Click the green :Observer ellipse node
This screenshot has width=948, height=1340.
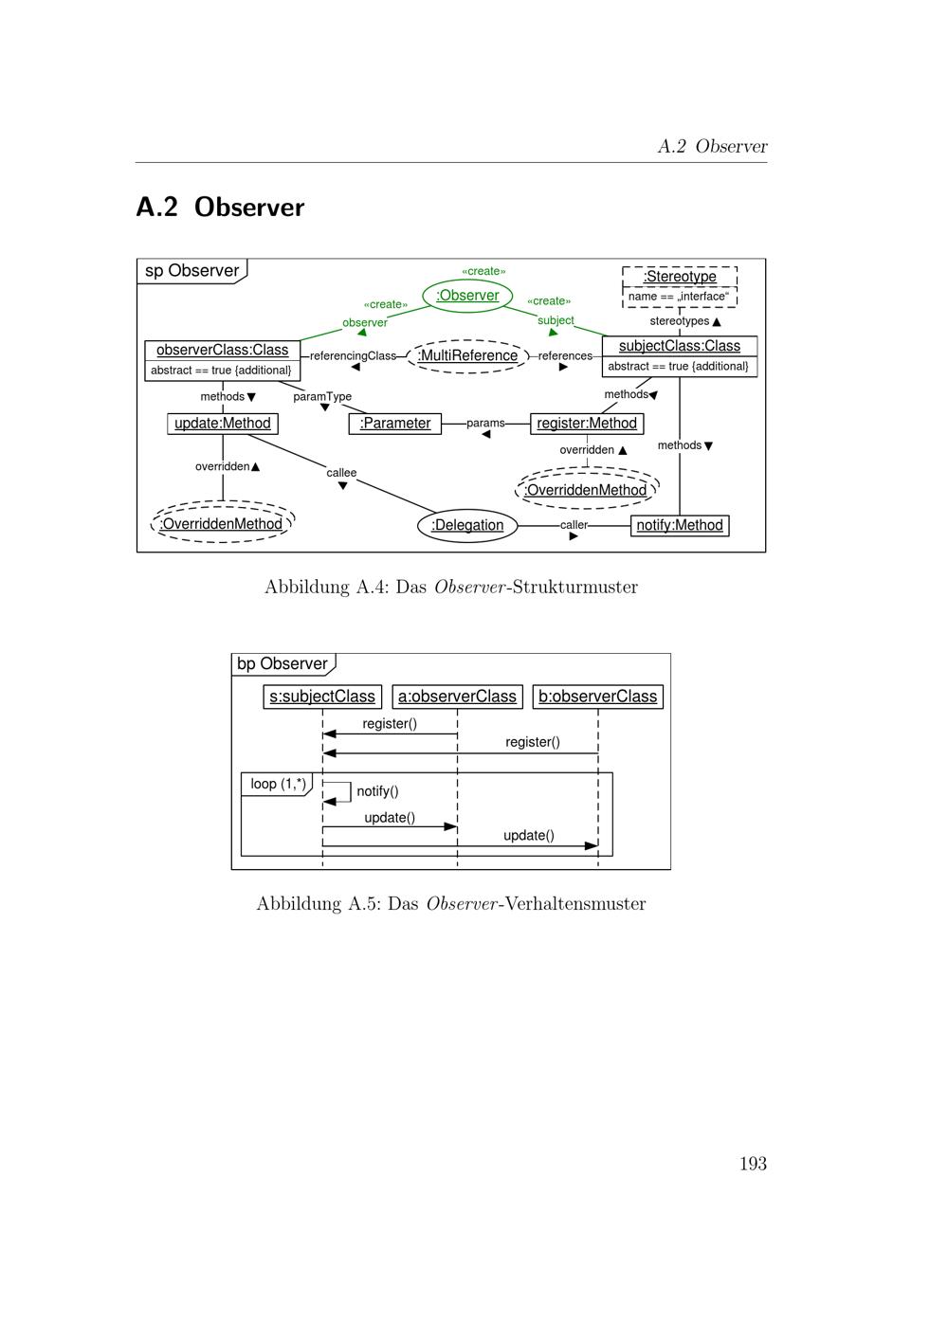point(467,296)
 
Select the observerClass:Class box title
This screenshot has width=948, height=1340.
point(222,351)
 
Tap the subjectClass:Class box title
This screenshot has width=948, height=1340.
point(679,346)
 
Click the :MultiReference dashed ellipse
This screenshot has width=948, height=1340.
point(467,356)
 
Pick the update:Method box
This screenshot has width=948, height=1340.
point(223,424)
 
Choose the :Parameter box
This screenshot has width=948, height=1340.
point(395,424)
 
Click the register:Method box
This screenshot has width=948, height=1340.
point(587,424)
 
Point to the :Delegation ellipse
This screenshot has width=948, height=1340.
point(467,525)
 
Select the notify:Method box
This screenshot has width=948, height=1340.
point(680,525)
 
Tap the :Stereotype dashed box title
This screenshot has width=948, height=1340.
point(680,277)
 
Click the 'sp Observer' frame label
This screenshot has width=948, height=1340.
point(191,271)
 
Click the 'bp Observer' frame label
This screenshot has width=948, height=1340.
point(282,663)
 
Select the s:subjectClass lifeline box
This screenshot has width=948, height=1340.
point(322,697)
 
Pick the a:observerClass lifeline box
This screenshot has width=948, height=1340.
point(457,697)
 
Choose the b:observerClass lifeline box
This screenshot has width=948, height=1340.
point(597,697)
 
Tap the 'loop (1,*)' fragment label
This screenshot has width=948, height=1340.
point(278,784)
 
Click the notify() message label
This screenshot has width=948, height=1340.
point(377,791)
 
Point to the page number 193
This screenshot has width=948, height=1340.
point(753,1164)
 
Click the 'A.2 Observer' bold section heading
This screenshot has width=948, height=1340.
point(220,208)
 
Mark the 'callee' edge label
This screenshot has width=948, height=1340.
point(341,473)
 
